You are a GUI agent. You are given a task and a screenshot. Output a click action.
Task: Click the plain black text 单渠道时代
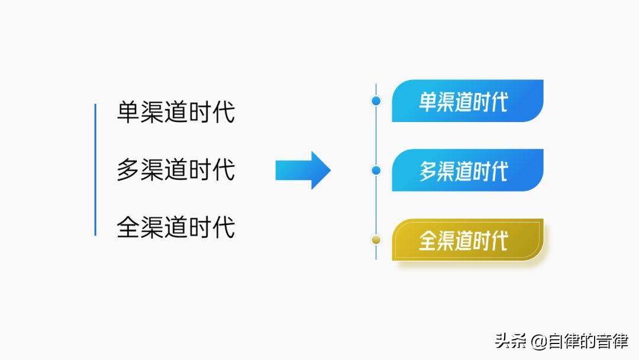click(x=176, y=112)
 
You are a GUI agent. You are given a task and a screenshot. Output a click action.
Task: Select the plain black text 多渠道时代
click(x=176, y=169)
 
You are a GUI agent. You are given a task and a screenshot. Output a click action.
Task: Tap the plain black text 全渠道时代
click(x=176, y=227)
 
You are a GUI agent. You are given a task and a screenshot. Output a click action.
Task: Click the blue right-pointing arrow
click(x=303, y=170)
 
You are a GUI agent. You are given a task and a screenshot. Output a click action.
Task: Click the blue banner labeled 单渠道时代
click(x=467, y=101)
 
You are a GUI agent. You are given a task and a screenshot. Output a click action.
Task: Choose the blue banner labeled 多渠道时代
click(x=467, y=170)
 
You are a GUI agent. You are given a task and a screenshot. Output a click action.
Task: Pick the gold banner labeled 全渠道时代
click(x=467, y=240)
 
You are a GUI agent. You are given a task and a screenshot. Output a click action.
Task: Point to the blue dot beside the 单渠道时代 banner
click(x=376, y=101)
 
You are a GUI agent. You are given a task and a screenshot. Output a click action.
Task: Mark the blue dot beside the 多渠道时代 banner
click(x=376, y=170)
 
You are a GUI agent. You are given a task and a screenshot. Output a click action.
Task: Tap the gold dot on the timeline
click(x=376, y=239)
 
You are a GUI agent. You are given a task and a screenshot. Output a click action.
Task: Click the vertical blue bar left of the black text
click(x=95, y=169)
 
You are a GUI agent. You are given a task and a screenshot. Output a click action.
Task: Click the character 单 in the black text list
click(x=128, y=112)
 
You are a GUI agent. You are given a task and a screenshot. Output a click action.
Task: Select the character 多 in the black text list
click(x=128, y=169)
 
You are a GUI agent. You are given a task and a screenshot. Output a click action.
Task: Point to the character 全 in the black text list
click(x=128, y=227)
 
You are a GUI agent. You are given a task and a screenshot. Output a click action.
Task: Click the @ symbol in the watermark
click(x=539, y=342)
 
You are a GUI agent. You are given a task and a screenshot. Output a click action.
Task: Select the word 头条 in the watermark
click(x=511, y=341)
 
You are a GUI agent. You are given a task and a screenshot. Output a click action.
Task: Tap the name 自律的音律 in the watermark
click(x=588, y=341)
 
